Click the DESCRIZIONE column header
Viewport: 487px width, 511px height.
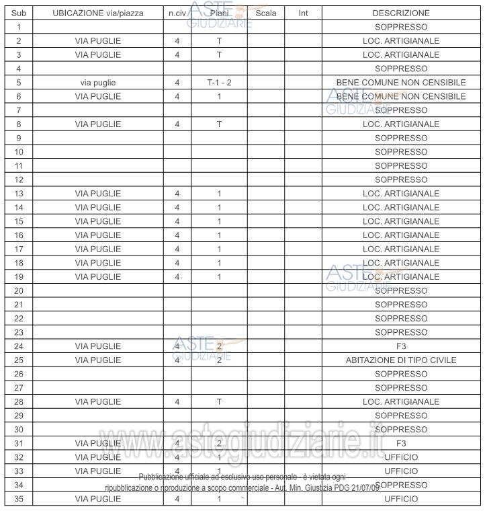[401, 13]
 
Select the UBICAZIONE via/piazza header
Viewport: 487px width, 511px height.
[98, 13]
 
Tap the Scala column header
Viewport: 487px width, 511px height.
[266, 13]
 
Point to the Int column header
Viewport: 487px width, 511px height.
[303, 13]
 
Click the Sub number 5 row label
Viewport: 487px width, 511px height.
[19, 83]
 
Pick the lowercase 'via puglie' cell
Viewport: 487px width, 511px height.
[98, 83]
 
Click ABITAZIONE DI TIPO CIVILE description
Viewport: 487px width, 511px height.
[401, 360]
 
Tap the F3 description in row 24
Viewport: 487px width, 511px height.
[401, 346]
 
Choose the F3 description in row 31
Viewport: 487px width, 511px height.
[401, 443]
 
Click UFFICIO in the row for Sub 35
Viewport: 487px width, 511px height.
[401, 499]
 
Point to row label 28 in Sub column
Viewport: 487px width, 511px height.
[19, 401]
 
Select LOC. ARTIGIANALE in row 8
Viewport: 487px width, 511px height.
[401, 124]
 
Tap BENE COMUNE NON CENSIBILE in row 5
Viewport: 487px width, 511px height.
[401, 83]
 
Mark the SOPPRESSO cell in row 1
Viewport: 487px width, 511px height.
[401, 27]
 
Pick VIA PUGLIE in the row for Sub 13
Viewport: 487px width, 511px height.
[98, 194]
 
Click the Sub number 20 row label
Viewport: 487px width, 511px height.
[19, 290]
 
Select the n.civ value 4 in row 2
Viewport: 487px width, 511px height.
[177, 41]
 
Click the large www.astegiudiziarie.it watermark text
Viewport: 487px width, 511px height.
[269, 444]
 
